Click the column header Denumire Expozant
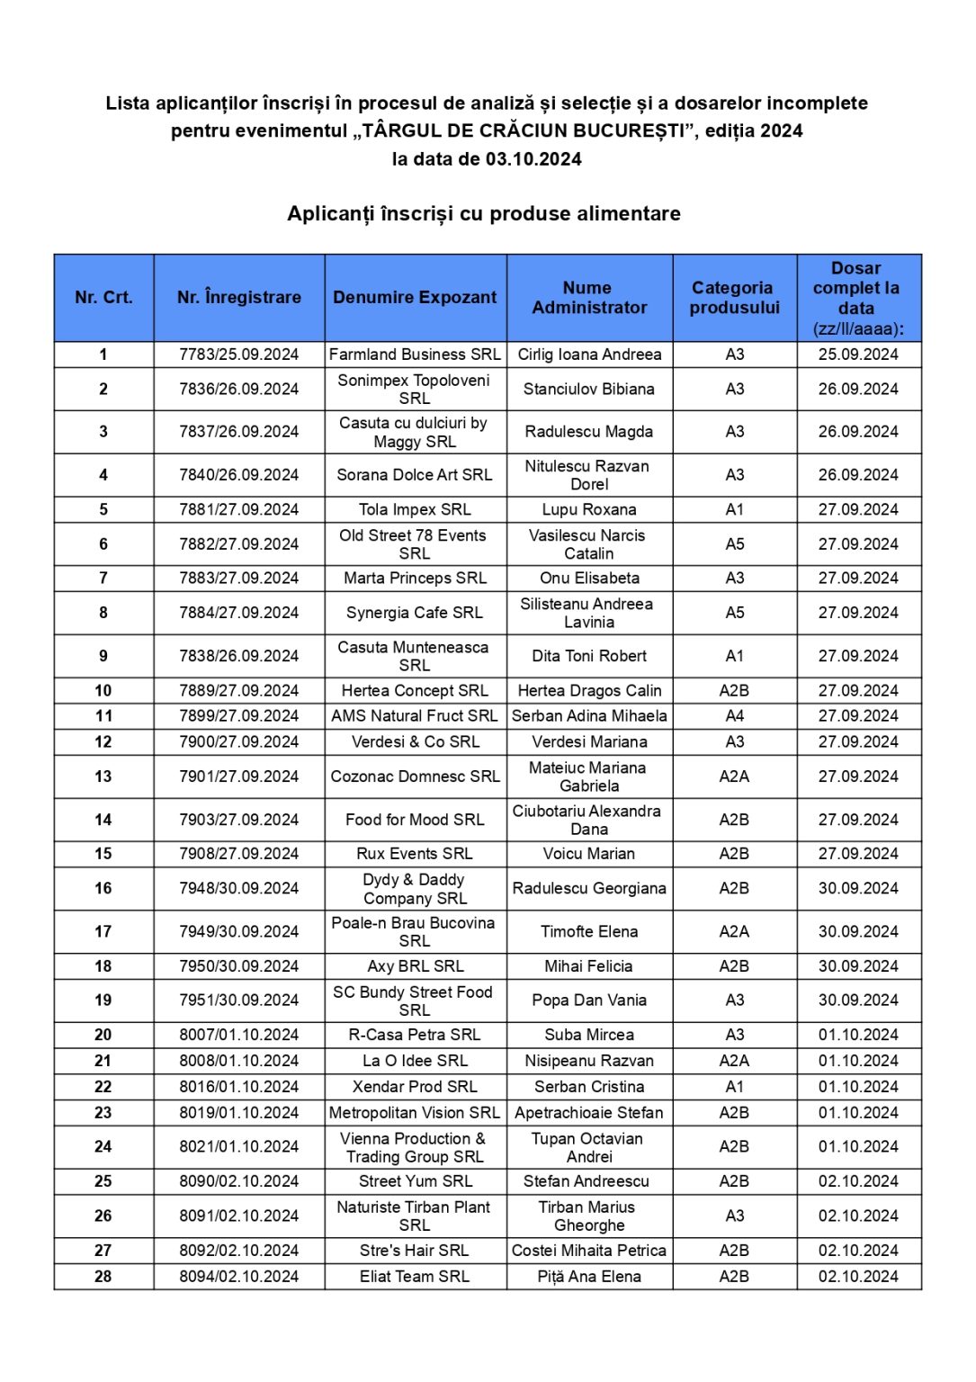[x=415, y=297]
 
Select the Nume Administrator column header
[x=589, y=297]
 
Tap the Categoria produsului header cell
[x=734, y=297]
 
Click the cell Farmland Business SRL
[x=415, y=354]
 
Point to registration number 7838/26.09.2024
[x=238, y=656]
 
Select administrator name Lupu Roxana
[x=589, y=509]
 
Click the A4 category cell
[x=734, y=716]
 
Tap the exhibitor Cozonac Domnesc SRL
[x=415, y=776]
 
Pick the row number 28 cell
[x=103, y=1276]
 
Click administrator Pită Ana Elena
[x=589, y=1276]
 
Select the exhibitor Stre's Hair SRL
[x=415, y=1251]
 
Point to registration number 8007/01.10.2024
[x=238, y=1035]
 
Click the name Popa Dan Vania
[x=589, y=1000]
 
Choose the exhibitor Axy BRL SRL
[x=415, y=966]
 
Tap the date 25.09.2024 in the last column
[x=858, y=354]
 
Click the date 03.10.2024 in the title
[x=533, y=159]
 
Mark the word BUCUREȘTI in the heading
[x=630, y=130]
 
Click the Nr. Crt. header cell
[x=103, y=297]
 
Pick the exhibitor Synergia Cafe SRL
[x=415, y=613]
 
